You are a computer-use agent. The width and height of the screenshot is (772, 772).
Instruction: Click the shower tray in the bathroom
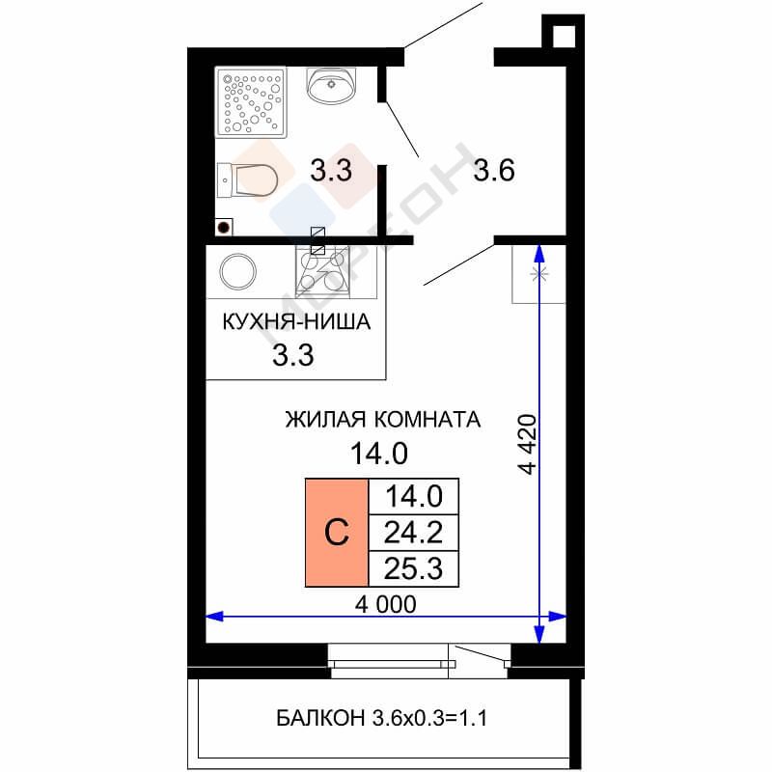coord(251,102)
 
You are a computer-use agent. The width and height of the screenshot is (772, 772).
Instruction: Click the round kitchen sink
coord(237,272)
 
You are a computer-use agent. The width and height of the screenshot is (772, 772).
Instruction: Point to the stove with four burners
coord(322,271)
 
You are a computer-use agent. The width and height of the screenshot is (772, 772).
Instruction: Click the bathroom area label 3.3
coord(331,171)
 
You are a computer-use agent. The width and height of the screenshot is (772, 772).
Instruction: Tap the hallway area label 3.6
coord(494,171)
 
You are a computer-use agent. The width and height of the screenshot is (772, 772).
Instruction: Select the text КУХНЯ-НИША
coord(296,322)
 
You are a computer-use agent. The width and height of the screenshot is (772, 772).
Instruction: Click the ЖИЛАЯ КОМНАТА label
coord(383,420)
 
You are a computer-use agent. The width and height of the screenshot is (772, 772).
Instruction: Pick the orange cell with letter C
coord(337,533)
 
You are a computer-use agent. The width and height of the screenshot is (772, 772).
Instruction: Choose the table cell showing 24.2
coord(414,533)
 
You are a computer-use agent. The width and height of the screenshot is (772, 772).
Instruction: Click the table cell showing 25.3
coord(414,568)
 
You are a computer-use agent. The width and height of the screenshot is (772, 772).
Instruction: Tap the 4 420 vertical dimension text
coord(527,445)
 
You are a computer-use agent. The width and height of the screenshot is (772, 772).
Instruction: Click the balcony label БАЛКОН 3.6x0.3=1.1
coord(381,718)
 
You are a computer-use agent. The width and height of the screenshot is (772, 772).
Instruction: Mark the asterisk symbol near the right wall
coord(539,274)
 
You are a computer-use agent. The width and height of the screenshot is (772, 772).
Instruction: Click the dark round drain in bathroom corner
coord(224,228)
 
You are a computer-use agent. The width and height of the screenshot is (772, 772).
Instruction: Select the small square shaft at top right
coord(564,32)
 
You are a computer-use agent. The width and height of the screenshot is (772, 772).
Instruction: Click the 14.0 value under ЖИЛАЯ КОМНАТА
coord(379,454)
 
